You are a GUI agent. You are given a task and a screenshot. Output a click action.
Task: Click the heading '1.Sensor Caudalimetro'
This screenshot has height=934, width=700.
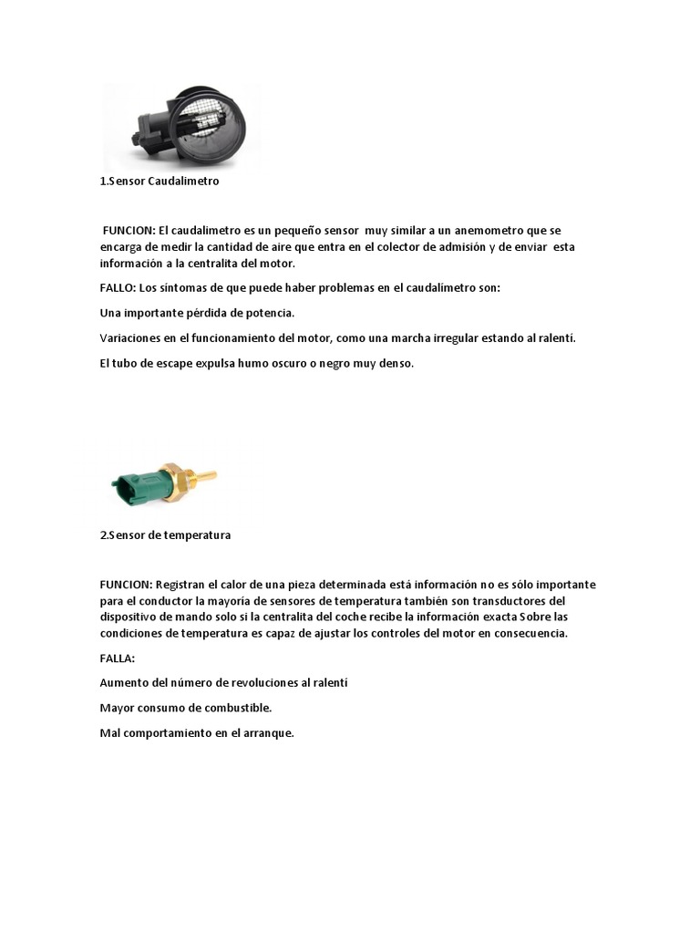(160, 182)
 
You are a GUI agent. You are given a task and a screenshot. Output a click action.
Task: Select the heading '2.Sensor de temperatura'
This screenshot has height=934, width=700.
(165, 535)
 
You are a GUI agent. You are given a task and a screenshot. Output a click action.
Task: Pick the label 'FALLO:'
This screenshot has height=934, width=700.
(117, 287)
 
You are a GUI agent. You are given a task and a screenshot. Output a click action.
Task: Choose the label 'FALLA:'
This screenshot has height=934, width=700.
(117, 657)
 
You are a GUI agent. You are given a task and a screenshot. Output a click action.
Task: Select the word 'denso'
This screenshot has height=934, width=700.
(395, 363)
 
